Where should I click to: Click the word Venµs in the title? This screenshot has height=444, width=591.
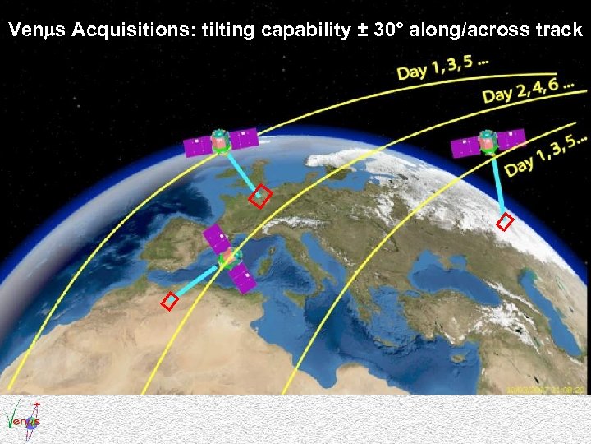pyautogui.click(x=36, y=31)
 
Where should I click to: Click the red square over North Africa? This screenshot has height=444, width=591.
pyautogui.click(x=170, y=302)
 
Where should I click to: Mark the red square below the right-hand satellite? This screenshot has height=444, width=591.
pyautogui.click(x=506, y=222)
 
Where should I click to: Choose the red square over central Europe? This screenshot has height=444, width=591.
pyautogui.click(x=261, y=196)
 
